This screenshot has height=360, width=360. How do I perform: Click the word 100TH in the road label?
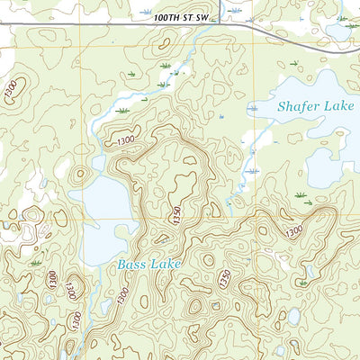145,18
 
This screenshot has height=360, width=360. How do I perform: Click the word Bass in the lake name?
129,265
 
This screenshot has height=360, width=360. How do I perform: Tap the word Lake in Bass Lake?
165,264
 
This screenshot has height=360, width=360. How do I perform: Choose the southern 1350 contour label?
221,280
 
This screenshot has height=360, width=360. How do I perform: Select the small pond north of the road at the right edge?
337,30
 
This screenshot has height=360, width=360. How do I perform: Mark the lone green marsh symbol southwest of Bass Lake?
36,262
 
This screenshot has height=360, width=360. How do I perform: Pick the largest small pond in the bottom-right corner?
294,316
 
